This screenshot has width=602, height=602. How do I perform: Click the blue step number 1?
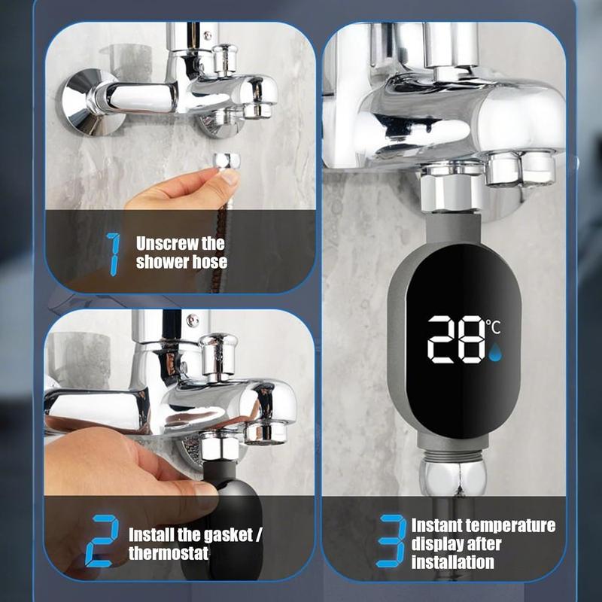tap(114, 254)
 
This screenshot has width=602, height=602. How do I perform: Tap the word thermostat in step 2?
tap(169, 554)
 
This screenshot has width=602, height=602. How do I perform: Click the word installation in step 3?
tap(453, 561)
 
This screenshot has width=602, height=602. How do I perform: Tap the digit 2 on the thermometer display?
tap(445, 339)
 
